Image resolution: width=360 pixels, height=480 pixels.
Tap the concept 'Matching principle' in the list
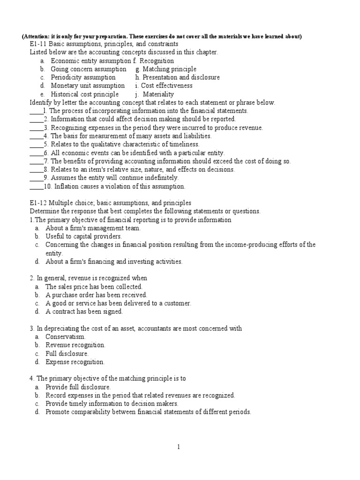click(169, 69)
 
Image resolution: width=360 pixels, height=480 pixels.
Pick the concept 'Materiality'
click(158, 94)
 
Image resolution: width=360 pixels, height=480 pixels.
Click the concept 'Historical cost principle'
click(85, 94)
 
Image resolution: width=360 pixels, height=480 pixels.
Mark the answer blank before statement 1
click(36, 111)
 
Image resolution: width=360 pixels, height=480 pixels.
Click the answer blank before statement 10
click(36, 186)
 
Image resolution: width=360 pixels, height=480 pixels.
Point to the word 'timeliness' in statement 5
click(183, 144)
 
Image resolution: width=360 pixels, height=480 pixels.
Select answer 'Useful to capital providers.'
click(83, 236)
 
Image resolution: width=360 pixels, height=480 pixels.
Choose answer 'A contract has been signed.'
click(84, 311)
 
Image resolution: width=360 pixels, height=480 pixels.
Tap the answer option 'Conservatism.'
click(66, 337)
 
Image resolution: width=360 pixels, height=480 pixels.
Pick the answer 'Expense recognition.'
click(75, 362)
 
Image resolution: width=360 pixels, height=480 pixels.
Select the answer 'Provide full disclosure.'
click(78, 387)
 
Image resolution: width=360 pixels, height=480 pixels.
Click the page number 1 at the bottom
click(179, 447)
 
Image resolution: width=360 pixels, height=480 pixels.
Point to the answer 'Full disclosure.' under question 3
click(67, 353)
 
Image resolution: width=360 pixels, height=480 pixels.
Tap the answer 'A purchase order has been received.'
click(96, 295)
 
